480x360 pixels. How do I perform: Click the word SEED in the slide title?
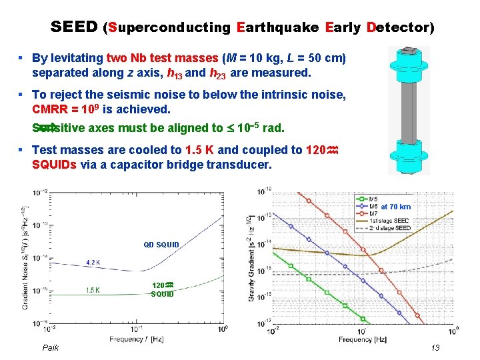coord(74,27)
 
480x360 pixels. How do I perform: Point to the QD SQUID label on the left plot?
coord(161,245)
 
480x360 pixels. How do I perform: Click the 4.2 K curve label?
coord(93,262)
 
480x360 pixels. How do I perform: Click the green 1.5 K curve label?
coord(93,289)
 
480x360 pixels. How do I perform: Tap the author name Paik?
coord(51,347)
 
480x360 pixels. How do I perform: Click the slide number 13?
coord(435,347)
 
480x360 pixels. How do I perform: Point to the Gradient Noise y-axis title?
coord(25,260)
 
